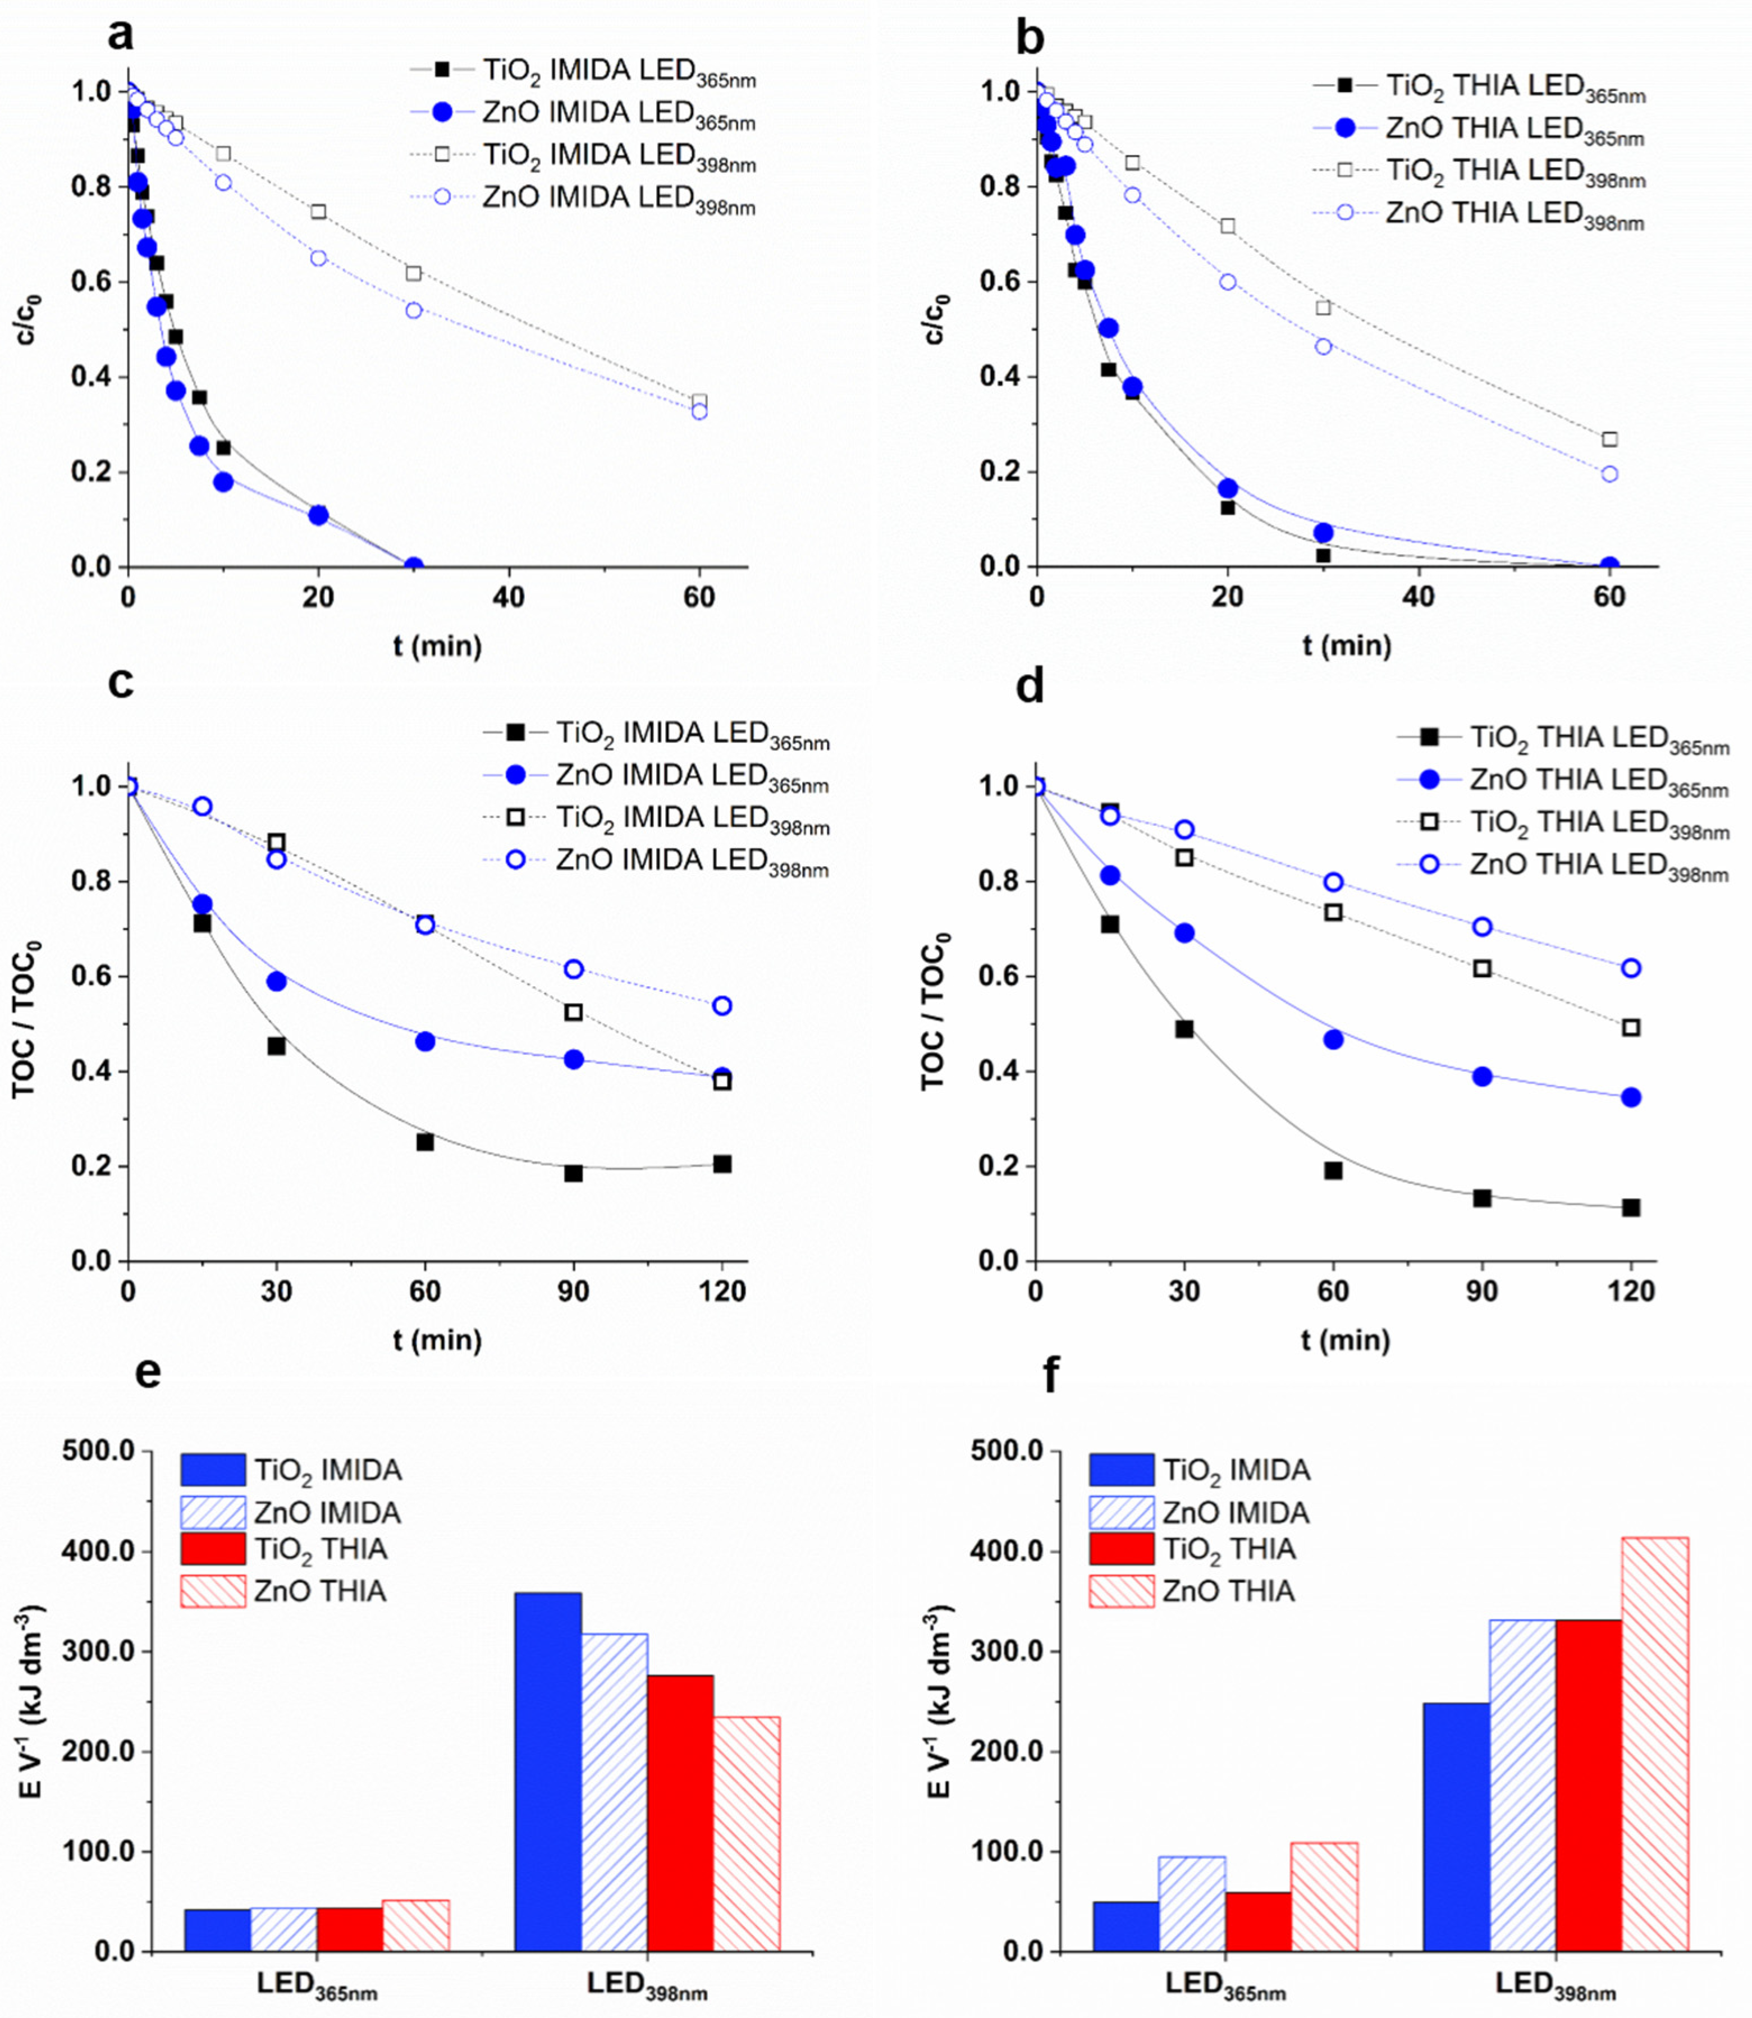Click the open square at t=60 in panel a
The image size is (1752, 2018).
pos(699,402)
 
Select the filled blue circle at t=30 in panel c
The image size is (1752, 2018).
pos(277,981)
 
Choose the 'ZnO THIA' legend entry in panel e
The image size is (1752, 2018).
pos(318,1592)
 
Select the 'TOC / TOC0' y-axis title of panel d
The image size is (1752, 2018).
pos(936,1012)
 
